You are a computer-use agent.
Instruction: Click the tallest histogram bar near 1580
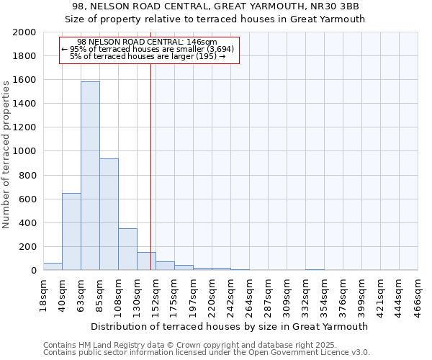90,176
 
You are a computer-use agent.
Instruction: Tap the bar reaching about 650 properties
71,231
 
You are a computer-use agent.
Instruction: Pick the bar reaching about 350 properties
127,249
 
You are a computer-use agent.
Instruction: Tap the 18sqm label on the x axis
44,293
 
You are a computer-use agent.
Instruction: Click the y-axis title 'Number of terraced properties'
6,154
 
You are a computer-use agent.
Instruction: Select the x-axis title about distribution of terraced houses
230,326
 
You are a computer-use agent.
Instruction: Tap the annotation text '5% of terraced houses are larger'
148,57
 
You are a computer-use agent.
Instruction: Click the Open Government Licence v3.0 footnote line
207,353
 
